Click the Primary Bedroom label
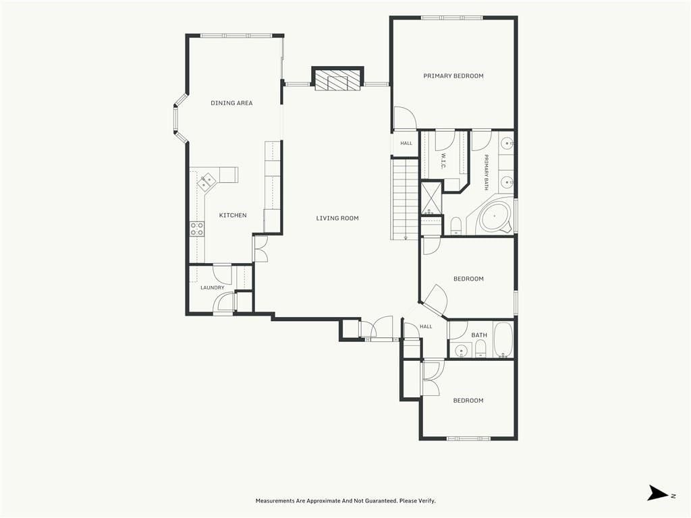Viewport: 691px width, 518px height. [x=453, y=76]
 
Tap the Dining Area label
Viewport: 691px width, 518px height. [x=231, y=103]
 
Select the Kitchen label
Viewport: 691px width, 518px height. [x=233, y=215]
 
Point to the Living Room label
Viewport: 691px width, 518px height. [x=337, y=218]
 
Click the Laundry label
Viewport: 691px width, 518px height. [x=213, y=287]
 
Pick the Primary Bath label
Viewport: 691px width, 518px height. [x=487, y=172]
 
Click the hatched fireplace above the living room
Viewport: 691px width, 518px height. [x=337, y=80]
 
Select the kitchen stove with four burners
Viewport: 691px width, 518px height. [x=197, y=229]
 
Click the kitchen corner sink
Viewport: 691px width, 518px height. [x=206, y=181]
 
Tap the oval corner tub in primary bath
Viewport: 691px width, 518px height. [x=495, y=217]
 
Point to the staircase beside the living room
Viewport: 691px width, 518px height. [x=405, y=199]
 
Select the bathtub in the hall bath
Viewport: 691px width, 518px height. [x=503, y=340]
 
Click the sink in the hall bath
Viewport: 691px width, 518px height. [x=461, y=350]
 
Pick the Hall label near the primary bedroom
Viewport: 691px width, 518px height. [x=406, y=143]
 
